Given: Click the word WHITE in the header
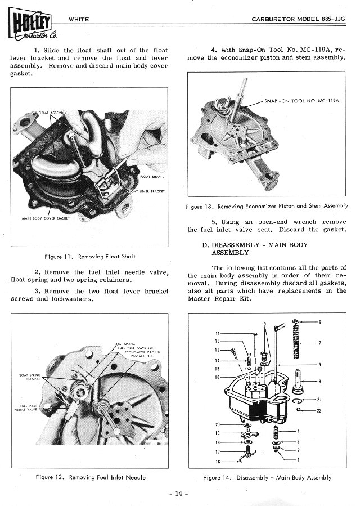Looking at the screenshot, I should pyautogui.click(x=78, y=20).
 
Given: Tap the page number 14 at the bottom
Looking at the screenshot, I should pyautogui.click(x=179, y=494).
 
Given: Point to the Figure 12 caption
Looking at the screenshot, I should pyautogui.click(x=91, y=477).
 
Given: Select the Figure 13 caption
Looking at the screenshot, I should pyautogui.click(x=267, y=206).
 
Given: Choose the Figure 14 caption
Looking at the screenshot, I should pyautogui.click(x=267, y=477).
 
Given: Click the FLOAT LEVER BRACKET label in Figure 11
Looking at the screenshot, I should pyautogui.click(x=148, y=191).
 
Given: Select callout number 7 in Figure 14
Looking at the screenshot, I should pyautogui.click(x=319, y=343).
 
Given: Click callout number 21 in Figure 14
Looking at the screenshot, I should pyautogui.click(x=319, y=400).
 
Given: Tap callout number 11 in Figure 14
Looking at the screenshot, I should pyautogui.click(x=218, y=333).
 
